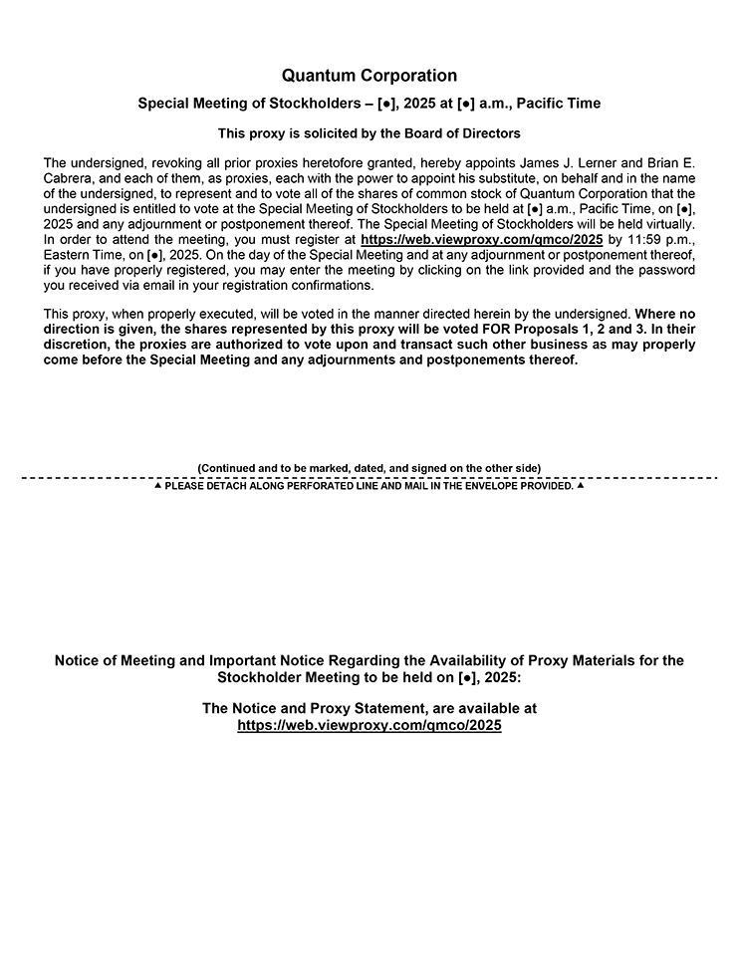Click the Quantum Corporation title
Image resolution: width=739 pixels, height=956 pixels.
369,76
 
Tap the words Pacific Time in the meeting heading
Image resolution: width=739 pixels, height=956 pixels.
559,104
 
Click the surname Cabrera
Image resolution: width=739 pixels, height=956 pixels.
71,177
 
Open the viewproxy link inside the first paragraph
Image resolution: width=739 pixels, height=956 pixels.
481,240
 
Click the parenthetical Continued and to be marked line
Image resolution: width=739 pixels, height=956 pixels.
369,468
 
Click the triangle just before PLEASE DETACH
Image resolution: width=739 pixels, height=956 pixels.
157,486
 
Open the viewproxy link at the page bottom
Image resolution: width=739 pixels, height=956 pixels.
369,726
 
